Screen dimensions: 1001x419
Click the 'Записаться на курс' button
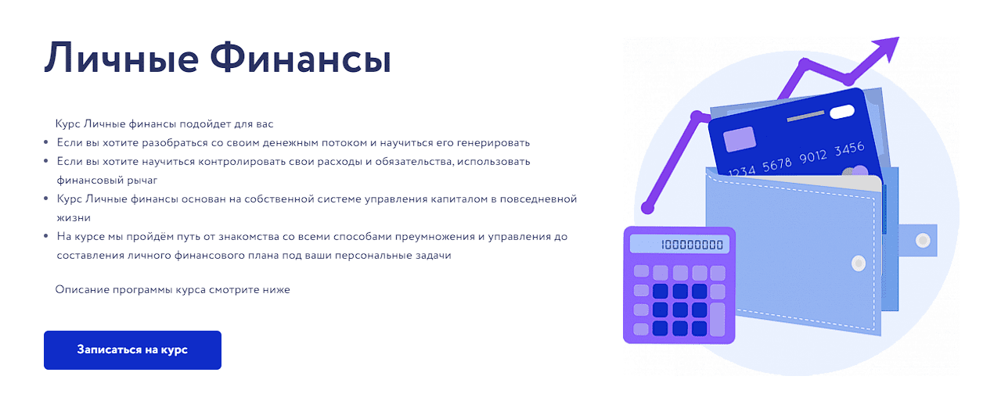click(x=132, y=350)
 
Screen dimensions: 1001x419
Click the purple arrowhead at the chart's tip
click(x=886, y=48)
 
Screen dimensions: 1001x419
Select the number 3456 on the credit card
click(x=849, y=149)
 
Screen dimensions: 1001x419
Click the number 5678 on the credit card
click(x=777, y=165)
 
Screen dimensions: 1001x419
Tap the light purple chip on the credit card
click(x=739, y=139)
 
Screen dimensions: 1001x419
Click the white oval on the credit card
click(x=842, y=112)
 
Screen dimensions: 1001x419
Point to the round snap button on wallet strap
click(x=923, y=241)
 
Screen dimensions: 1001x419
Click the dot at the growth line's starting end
click(x=647, y=207)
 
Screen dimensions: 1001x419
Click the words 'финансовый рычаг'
click(x=106, y=181)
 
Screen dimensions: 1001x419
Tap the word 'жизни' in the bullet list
click(x=74, y=218)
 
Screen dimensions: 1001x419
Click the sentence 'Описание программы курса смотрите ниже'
click(x=172, y=290)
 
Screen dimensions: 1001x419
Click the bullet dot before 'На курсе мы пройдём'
click(x=46, y=236)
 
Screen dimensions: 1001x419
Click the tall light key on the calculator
click(x=717, y=319)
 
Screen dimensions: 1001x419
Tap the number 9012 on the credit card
click(x=813, y=157)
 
